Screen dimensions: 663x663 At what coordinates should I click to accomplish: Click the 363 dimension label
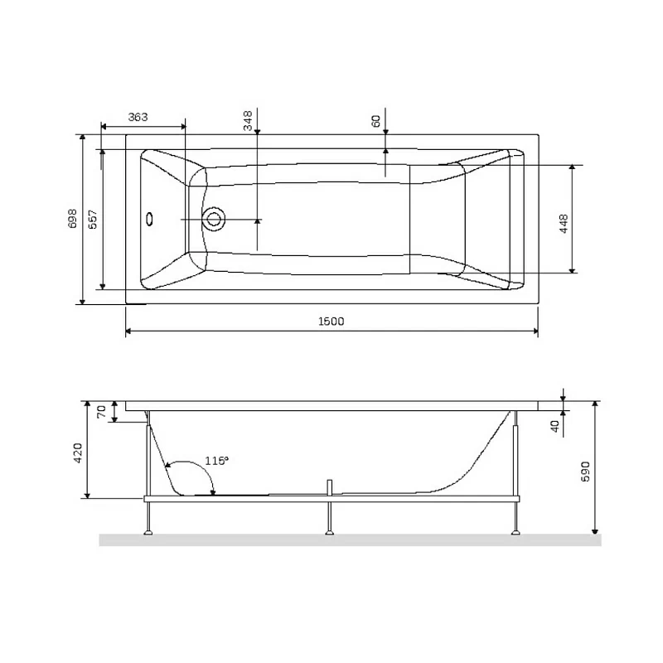click(x=138, y=117)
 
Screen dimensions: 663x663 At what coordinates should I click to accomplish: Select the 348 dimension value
click(x=248, y=122)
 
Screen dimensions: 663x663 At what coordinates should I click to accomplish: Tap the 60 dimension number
click(x=376, y=121)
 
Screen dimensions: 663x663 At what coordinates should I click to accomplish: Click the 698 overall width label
click(x=72, y=218)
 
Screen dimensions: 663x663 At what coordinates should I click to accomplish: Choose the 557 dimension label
click(x=93, y=218)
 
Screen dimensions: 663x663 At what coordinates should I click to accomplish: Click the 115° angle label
click(x=215, y=461)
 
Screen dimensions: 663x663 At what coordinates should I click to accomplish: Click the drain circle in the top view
click(x=215, y=220)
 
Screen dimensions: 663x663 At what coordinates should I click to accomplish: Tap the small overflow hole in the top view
click(x=149, y=220)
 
